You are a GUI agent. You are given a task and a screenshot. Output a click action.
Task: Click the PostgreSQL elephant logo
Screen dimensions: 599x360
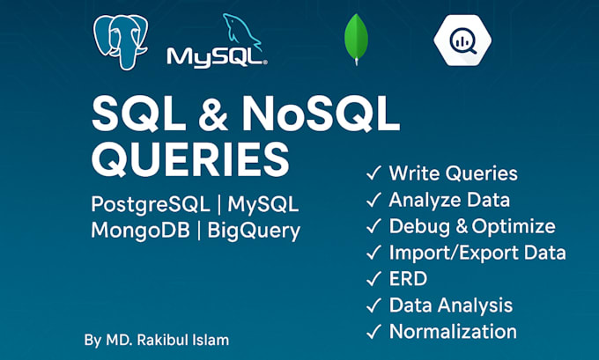(121, 41)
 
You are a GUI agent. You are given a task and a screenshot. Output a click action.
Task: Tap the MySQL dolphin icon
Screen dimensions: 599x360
(242, 32)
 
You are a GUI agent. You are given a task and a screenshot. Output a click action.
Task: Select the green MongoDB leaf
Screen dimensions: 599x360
(356, 39)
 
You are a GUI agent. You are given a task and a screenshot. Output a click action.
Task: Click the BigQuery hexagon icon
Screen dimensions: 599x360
(462, 40)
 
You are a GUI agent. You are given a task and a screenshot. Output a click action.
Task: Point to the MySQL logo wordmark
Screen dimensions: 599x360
(217, 58)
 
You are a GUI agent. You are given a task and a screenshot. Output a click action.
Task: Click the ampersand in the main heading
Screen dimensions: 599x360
(213, 114)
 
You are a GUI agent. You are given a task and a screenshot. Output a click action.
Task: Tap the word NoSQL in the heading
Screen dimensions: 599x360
(321, 114)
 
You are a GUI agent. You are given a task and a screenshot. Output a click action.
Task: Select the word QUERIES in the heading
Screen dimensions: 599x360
(190, 158)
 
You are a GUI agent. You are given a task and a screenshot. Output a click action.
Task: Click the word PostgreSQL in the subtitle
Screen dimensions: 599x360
(151, 204)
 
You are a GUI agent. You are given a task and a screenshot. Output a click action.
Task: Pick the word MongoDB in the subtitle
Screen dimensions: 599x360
(141, 231)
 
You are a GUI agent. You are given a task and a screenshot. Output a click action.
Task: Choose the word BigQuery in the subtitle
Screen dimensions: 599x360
(254, 231)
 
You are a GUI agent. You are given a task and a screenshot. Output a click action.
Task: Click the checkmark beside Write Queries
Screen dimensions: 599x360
(373, 173)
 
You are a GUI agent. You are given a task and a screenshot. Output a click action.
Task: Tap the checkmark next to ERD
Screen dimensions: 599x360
(373, 279)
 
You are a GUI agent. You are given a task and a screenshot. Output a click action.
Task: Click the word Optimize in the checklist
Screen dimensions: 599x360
(514, 227)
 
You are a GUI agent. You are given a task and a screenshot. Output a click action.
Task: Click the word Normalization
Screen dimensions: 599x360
(453, 331)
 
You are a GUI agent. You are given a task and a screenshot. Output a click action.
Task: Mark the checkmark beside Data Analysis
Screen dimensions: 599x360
(373, 305)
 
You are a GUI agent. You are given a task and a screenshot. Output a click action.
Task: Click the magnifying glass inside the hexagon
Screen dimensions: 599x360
(463, 41)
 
